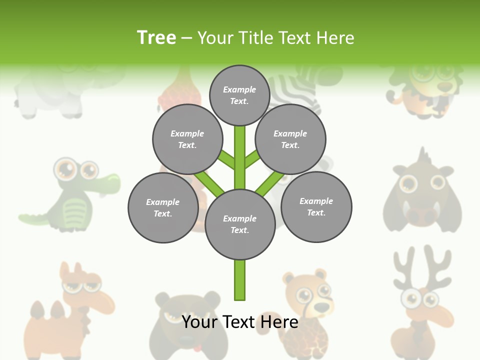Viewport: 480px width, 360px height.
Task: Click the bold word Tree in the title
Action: coord(156,38)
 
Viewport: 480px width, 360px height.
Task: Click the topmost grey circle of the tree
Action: coord(239,95)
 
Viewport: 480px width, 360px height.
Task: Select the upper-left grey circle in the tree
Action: coord(187,139)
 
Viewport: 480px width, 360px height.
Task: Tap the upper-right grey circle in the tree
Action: coord(290,139)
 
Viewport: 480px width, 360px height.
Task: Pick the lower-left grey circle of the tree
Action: coord(163,208)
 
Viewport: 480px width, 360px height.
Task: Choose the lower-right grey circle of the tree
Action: coord(316,207)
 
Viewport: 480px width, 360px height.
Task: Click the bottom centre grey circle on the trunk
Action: coord(240,224)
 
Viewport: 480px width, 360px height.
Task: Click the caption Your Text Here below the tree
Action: coord(240,322)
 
